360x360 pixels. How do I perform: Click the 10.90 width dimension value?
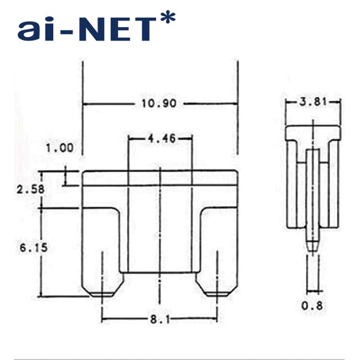(159, 104)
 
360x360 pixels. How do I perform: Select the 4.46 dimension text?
(162, 138)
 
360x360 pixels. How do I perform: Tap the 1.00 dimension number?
(60, 148)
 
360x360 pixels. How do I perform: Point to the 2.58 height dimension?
(30, 189)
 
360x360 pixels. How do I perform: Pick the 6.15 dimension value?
(34, 248)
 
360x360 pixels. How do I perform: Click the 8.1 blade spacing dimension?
(160, 319)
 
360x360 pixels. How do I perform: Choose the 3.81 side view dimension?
(313, 102)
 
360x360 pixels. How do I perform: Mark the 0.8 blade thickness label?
(312, 306)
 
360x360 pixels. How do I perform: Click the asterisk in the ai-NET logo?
(168, 17)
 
